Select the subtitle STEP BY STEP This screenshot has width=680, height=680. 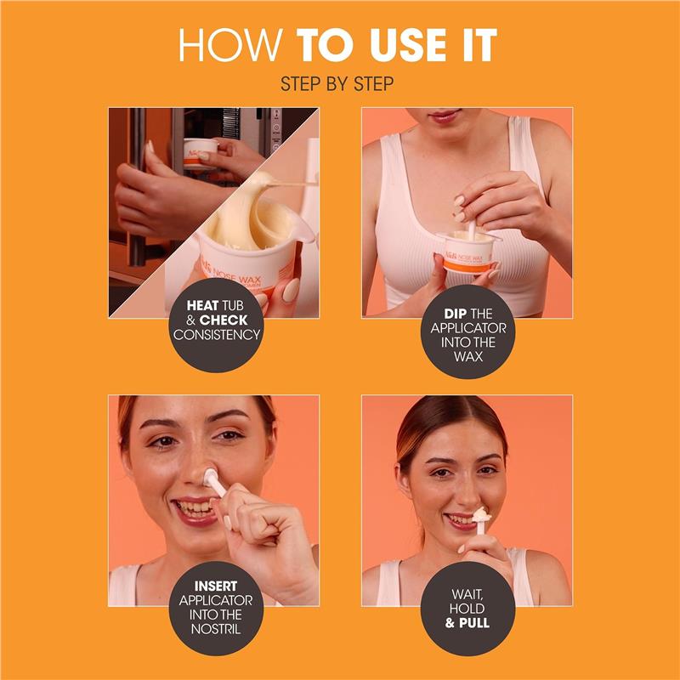340,85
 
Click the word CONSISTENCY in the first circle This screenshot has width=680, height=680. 217,334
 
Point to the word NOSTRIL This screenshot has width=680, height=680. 217,629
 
